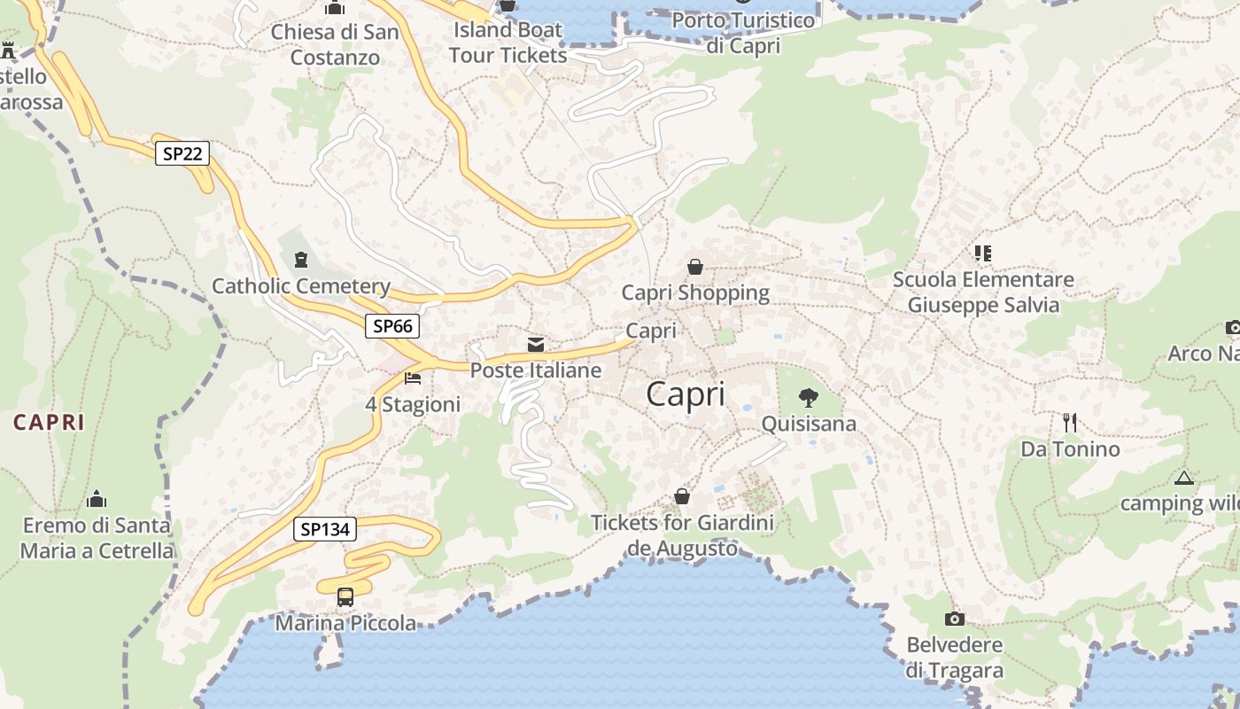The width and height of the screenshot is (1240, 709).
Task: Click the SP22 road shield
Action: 182,153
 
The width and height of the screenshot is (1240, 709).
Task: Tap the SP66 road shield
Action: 392,326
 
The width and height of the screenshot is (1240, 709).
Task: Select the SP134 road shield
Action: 325,530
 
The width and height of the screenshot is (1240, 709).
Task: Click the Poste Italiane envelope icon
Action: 536,345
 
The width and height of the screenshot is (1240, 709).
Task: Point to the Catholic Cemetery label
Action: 301,286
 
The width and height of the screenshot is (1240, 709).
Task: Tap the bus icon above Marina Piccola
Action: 345,597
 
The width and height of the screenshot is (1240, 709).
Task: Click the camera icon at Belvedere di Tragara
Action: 954,619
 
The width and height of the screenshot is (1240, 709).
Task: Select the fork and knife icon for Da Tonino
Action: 1070,423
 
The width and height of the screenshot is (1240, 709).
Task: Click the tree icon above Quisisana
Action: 808,397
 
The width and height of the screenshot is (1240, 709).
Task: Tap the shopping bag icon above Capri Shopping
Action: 695,266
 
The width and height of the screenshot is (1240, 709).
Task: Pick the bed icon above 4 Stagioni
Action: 413,378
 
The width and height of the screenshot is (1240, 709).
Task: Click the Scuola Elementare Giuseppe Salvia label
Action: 983,292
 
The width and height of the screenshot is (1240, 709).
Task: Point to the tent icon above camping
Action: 1183,479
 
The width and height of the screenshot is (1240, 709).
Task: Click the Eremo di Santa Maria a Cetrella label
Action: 97,538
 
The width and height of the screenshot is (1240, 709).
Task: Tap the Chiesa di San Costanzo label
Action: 336,45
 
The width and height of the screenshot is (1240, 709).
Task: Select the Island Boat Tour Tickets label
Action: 508,43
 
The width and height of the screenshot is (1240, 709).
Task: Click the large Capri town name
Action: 686,394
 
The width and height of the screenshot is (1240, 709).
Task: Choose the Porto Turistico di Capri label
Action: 743,33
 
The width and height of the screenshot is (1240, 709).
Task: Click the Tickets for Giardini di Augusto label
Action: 682,535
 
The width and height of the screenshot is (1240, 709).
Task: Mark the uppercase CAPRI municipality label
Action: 49,423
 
